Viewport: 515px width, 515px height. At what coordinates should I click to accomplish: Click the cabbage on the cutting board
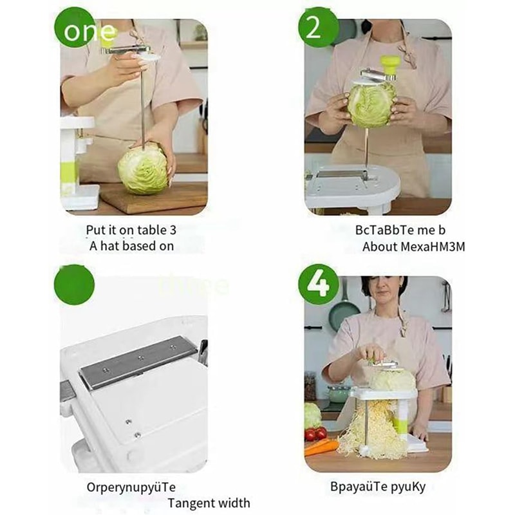[143, 169]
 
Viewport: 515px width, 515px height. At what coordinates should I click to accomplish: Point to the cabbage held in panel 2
[371, 104]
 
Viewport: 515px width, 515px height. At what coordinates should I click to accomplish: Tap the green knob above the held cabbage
[389, 63]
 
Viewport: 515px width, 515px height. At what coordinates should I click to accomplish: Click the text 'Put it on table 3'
[131, 230]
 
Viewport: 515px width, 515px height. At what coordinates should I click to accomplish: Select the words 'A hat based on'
[131, 245]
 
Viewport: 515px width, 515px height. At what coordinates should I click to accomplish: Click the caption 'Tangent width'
[209, 503]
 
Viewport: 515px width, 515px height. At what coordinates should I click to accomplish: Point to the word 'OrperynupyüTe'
[131, 487]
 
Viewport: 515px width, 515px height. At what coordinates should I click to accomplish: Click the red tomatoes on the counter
[315, 433]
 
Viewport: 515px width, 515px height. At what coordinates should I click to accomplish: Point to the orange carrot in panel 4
[321, 446]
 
